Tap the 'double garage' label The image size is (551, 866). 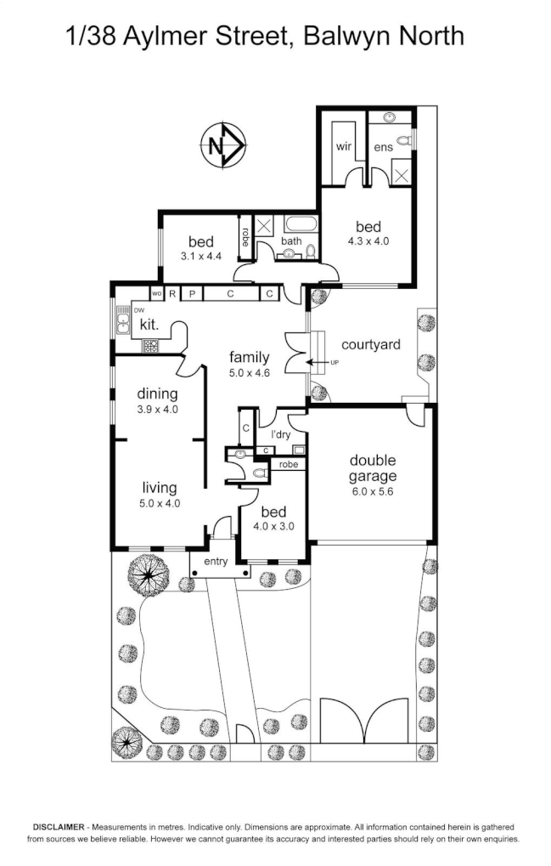(x=373, y=468)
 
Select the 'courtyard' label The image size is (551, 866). (x=370, y=344)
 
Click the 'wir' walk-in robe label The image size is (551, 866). (x=343, y=146)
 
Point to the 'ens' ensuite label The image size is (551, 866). (x=384, y=147)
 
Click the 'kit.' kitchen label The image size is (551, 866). (x=149, y=324)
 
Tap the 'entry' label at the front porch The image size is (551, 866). (x=216, y=561)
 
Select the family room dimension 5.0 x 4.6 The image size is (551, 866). (x=250, y=372)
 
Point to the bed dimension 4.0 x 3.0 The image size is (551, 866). (x=273, y=526)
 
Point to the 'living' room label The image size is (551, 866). (x=160, y=488)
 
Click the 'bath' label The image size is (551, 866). (x=291, y=241)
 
